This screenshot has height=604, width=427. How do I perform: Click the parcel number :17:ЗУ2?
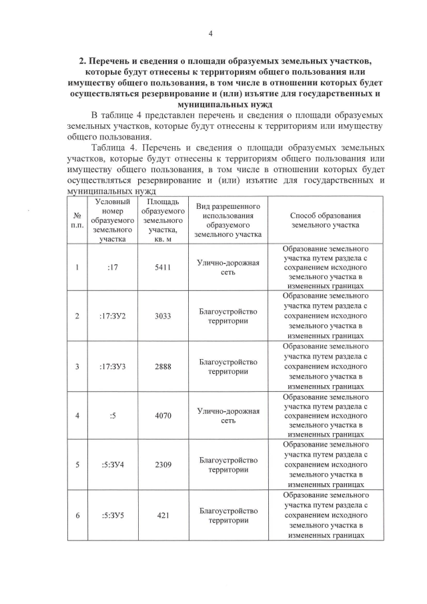[113, 316]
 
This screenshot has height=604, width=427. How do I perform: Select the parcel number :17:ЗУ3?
[113, 366]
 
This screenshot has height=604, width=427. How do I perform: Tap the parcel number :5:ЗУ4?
[113, 465]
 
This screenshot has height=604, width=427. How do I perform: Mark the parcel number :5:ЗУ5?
[113, 515]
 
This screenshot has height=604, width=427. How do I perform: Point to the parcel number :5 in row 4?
[113, 416]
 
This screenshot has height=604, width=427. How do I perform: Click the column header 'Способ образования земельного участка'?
[326, 220]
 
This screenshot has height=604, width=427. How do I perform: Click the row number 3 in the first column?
[77, 366]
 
